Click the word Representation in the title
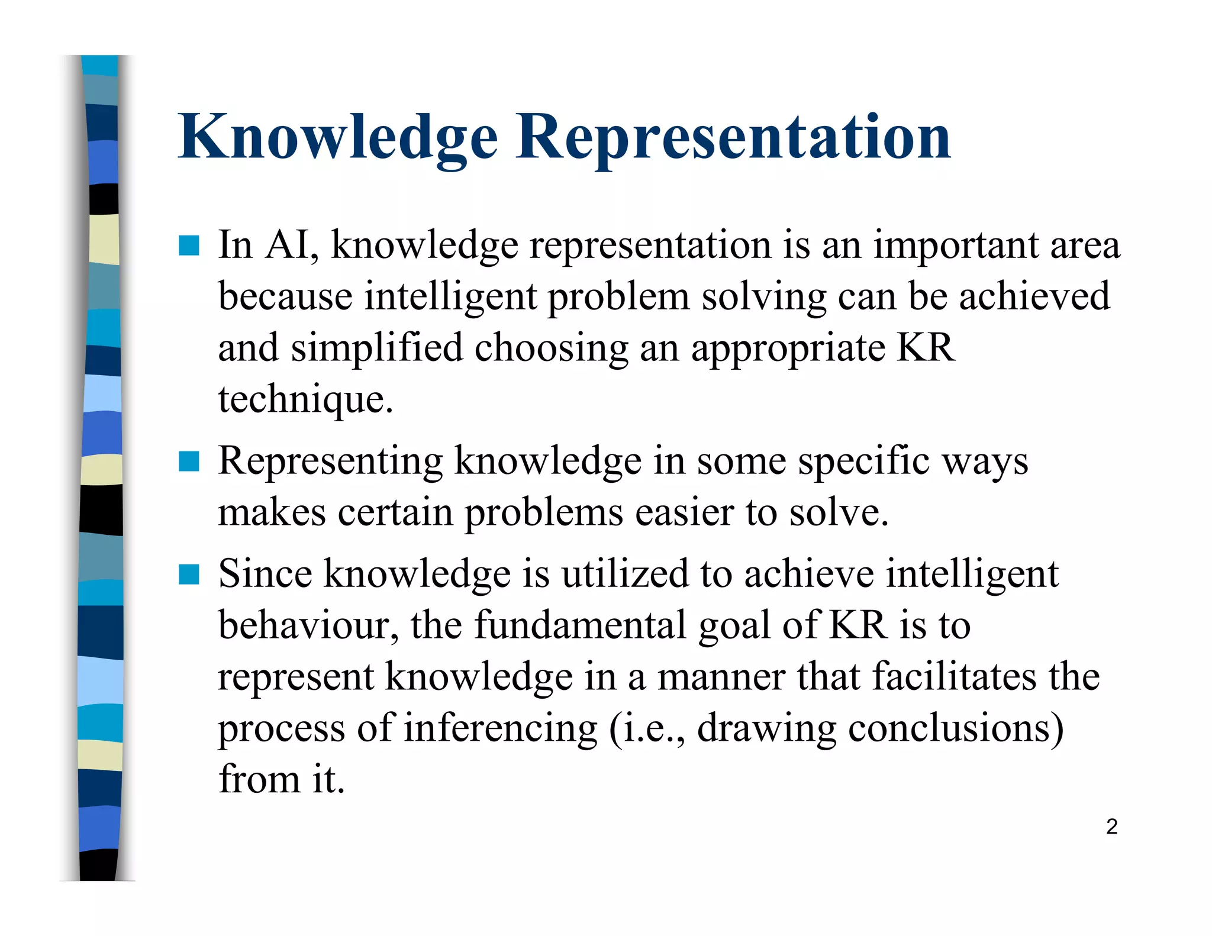[733, 137]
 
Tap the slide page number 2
[1111, 827]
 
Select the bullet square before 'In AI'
[189, 245]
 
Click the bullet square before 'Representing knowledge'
[189, 461]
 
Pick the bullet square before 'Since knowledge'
[189, 574]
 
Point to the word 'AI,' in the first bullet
[292, 244]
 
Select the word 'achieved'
[1034, 296]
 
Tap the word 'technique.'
[305, 399]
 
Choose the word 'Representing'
[330, 461]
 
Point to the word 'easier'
[684, 512]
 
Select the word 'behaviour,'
[308, 625]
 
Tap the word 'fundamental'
[580, 625]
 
